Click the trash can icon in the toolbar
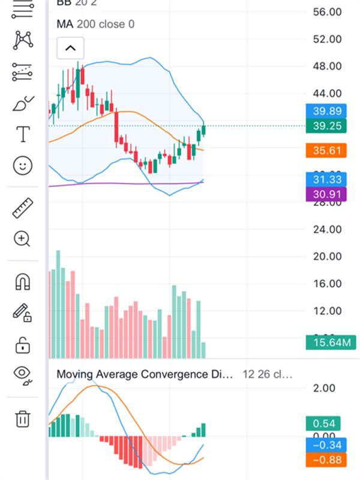coord(22,418)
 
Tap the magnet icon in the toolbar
coord(22,281)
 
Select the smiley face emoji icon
coord(22,166)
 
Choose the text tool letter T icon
coord(23,134)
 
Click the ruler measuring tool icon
coord(22,208)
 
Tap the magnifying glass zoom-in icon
coord(22,239)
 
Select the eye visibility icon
coord(22,374)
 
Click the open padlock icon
coord(22,345)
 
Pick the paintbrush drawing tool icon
coord(23,104)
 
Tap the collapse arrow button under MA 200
coord(70,48)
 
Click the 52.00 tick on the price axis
coord(327,39)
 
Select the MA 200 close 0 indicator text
coord(95,24)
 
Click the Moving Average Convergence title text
coord(144,374)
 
